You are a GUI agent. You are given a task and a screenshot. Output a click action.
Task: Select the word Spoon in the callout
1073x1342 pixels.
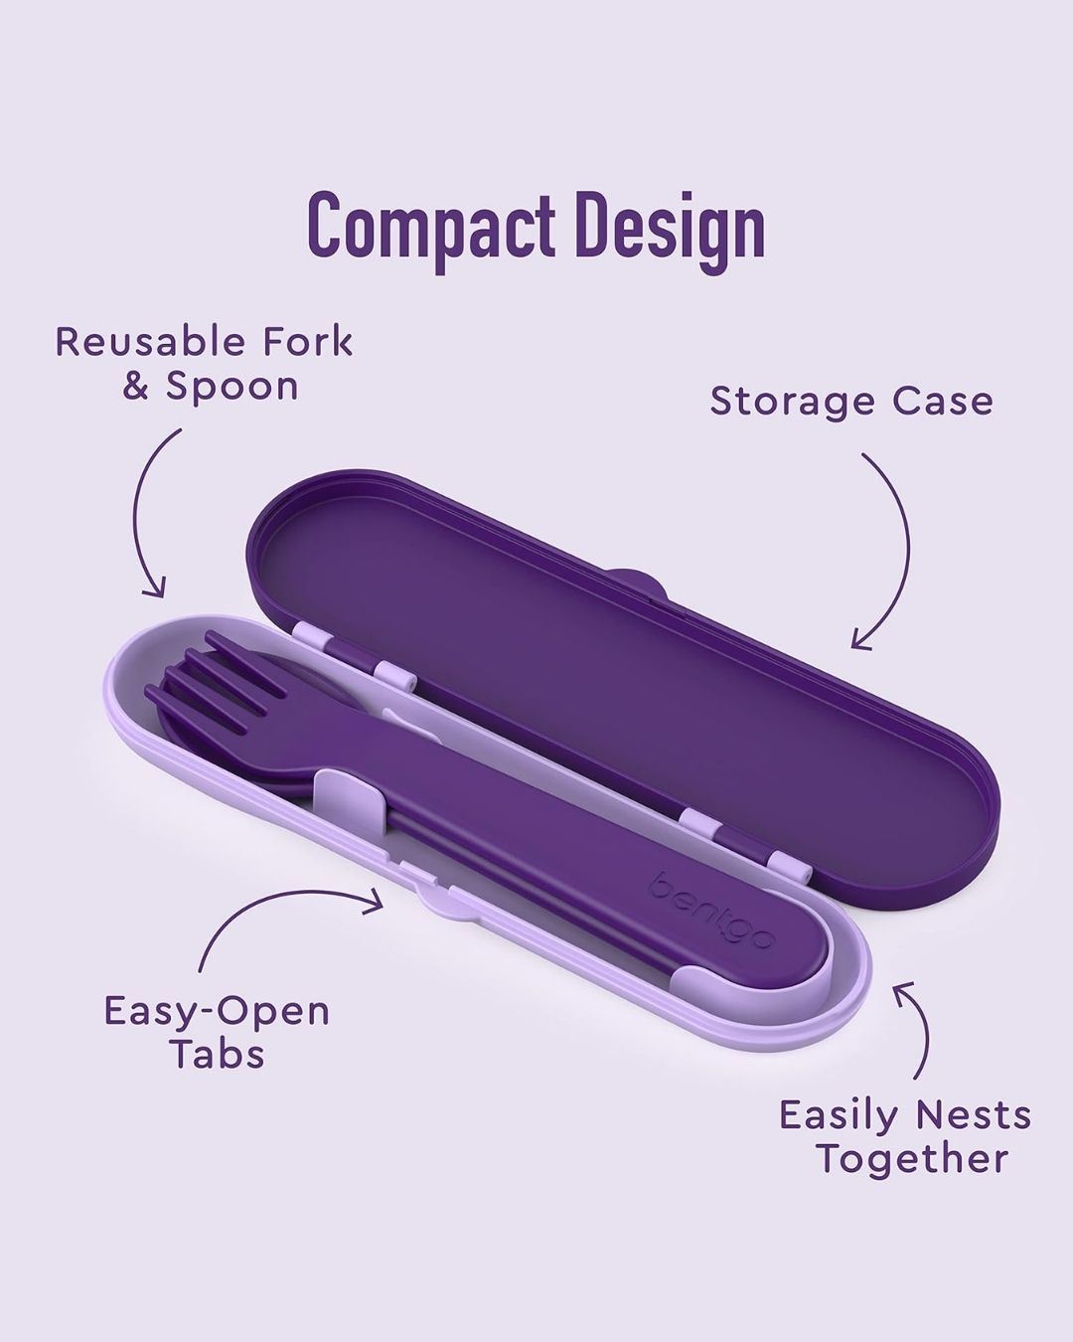tap(231, 389)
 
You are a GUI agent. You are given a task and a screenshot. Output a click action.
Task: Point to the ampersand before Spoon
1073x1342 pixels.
tap(136, 387)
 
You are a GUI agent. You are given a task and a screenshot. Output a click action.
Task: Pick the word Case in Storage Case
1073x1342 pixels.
tap(943, 402)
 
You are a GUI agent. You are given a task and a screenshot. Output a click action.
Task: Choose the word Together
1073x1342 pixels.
tap(913, 1161)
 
